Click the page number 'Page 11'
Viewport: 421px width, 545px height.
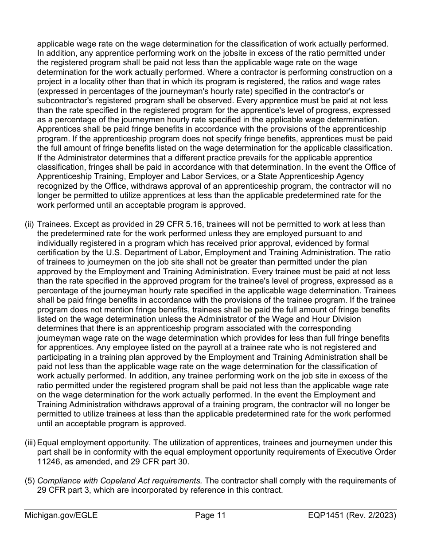tap(210, 515)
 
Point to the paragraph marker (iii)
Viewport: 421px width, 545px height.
tap(30, 443)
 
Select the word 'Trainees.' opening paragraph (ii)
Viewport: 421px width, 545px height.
tap(54, 224)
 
